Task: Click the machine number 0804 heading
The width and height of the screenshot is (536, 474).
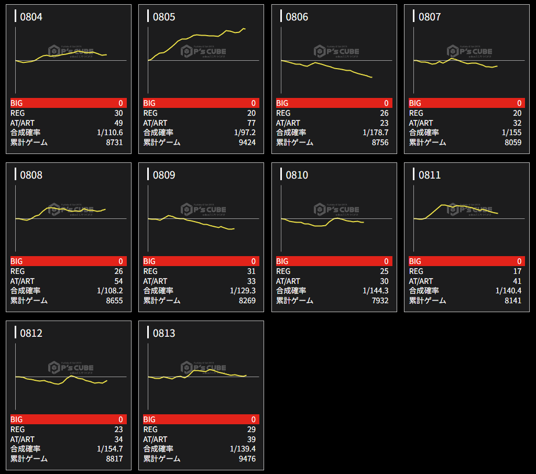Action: pos(31,17)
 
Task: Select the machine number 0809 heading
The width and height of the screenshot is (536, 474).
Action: pos(164,175)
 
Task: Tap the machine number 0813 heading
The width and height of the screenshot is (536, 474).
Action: pos(164,333)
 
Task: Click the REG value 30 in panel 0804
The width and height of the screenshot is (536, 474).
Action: pos(118,113)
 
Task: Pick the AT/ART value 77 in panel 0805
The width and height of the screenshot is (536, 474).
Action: pos(251,123)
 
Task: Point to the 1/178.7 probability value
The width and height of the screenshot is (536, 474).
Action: pos(376,133)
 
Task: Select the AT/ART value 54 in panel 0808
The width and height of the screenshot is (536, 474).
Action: pos(118,281)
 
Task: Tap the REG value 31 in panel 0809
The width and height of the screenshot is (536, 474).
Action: pos(251,271)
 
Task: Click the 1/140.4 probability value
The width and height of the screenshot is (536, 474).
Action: pos(508,291)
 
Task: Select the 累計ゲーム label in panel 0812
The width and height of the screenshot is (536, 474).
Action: pos(29,459)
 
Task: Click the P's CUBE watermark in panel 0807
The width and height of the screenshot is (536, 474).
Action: pos(469,51)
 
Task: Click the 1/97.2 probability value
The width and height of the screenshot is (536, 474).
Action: pos(245,133)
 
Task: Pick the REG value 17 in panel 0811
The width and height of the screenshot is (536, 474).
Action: pos(517,271)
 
